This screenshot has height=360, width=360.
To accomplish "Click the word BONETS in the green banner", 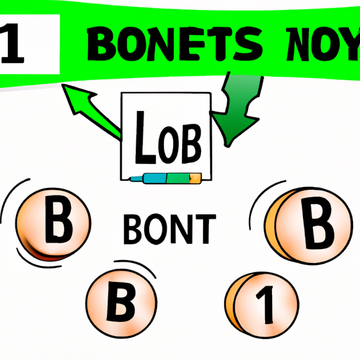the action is click(x=174, y=44).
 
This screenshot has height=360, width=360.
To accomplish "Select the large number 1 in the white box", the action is click(x=12, y=44).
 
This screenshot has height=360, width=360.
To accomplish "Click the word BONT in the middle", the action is click(x=169, y=229).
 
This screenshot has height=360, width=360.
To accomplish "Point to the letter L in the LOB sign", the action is click(x=145, y=138).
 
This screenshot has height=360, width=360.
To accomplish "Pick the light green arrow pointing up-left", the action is click(x=91, y=111).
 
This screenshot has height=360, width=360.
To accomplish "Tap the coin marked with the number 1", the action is click(x=262, y=305).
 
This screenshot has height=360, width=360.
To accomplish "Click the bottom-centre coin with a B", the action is click(x=122, y=304).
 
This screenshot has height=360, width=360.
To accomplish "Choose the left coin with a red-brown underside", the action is click(x=53, y=224).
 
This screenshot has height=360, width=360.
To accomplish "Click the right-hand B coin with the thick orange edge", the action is click(x=308, y=226).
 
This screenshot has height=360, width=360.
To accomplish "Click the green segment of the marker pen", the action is click(x=178, y=178).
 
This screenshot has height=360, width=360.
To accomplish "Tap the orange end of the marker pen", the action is click(x=195, y=178).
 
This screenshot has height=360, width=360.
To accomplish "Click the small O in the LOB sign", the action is click(x=168, y=145).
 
